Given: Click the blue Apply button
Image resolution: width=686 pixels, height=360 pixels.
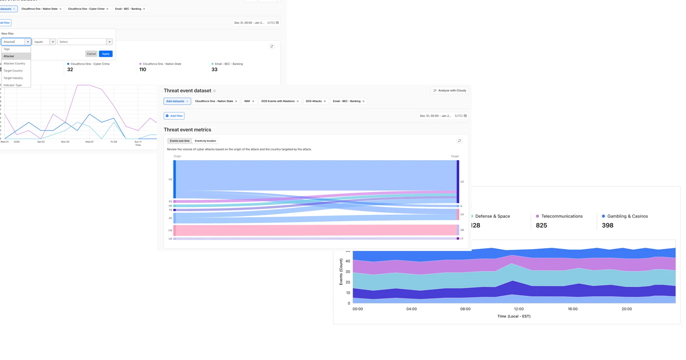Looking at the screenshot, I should tap(106, 54).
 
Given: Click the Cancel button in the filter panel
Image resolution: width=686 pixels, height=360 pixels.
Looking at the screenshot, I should tap(91, 54).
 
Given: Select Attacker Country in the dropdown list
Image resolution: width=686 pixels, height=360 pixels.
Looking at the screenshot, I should tap(14, 63).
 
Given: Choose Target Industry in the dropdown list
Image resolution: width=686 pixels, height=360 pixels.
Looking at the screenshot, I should tap(13, 78).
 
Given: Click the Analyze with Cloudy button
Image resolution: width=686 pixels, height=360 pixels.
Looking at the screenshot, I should tap(450, 91).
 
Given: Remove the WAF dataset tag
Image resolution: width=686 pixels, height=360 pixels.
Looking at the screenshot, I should tap(253, 101).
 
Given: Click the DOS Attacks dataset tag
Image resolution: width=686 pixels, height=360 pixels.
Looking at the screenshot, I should tap(314, 101).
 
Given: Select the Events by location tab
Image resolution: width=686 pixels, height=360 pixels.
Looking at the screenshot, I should tap(205, 141).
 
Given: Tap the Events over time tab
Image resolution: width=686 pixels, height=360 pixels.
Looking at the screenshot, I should tap(180, 141).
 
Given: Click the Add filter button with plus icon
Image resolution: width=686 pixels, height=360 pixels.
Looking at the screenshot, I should tap(174, 116).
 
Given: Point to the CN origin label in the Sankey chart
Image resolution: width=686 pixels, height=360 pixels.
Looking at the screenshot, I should tap(170, 230).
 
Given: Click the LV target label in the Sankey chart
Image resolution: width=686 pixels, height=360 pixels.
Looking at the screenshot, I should tap(462, 239).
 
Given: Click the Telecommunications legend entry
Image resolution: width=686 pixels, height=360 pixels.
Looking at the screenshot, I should tap(561, 216).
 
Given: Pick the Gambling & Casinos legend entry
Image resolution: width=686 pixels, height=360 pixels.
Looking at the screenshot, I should tap(627, 216).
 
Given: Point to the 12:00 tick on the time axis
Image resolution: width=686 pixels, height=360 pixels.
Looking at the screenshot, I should tap(519, 309).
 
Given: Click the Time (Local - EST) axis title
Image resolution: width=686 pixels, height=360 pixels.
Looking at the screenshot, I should tap(514, 316).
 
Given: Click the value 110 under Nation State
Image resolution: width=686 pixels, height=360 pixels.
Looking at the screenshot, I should tap(143, 70).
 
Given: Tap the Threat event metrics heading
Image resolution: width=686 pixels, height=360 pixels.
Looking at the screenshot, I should tap(187, 130).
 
